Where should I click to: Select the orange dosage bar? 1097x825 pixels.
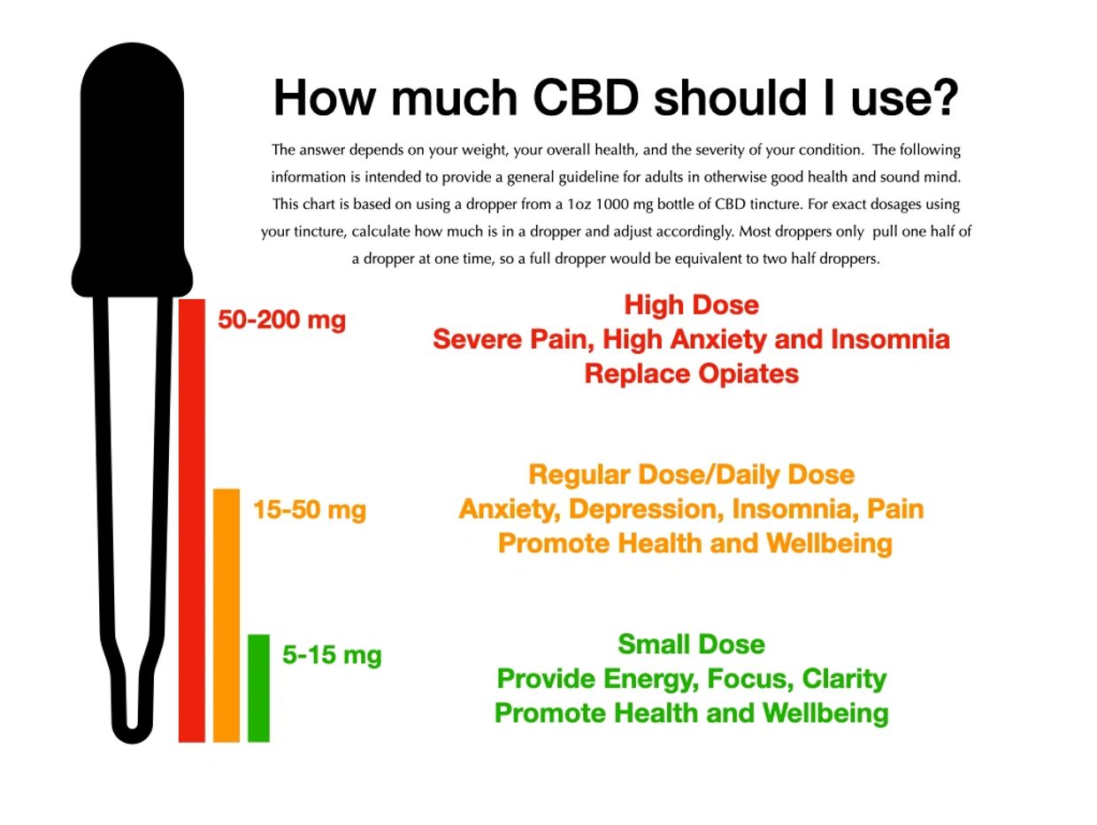226,615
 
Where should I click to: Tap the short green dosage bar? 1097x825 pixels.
258,688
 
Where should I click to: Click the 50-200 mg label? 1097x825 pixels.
281,320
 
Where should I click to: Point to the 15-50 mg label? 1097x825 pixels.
309,510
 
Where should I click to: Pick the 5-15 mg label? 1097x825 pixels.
332,655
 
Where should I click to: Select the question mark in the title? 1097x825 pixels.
945,97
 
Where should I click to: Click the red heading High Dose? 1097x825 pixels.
691,305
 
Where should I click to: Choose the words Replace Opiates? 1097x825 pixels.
691,374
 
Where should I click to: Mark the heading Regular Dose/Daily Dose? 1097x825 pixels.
691,474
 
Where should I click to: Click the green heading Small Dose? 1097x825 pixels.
691,644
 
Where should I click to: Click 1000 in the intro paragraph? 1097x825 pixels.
614,204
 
